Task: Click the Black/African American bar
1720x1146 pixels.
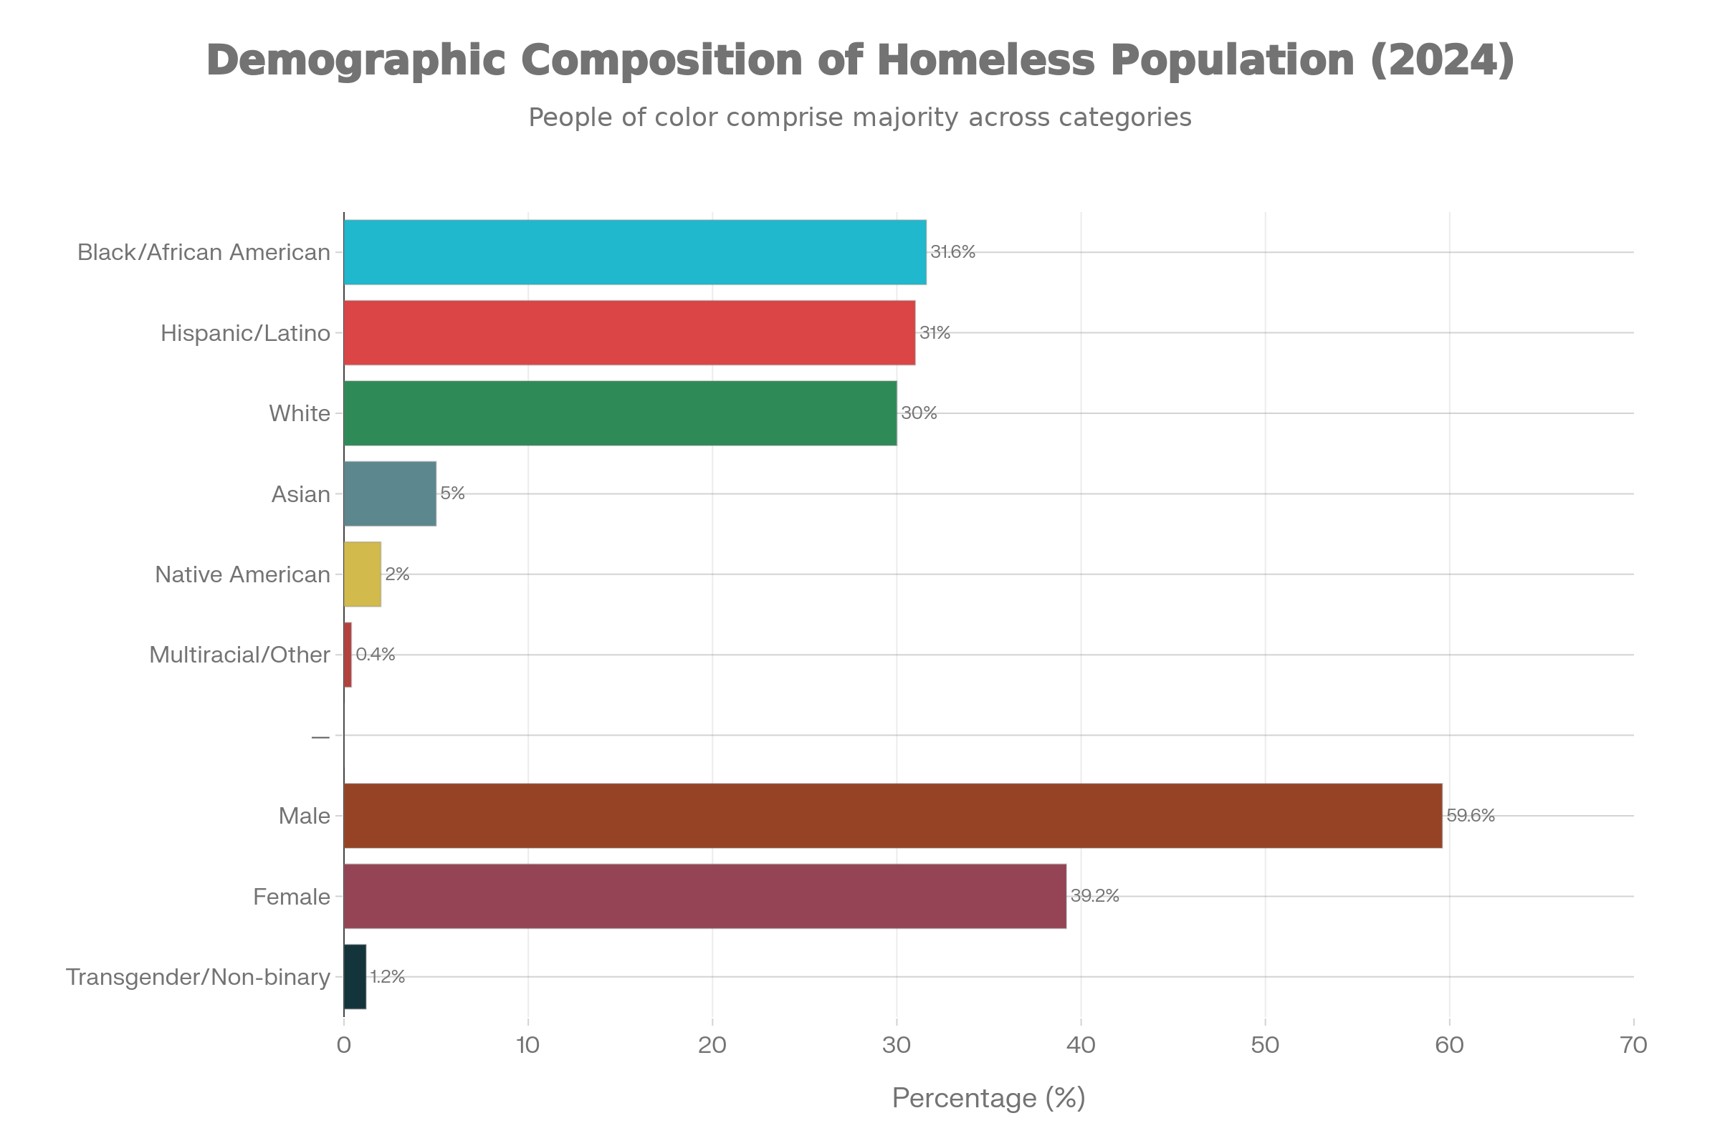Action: (635, 252)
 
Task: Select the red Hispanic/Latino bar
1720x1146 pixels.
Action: (630, 332)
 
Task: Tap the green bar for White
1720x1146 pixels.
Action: (620, 413)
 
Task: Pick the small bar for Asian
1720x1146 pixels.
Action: (390, 493)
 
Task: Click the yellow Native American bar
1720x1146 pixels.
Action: (363, 574)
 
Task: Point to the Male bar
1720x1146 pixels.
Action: (893, 816)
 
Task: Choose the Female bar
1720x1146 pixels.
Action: (705, 896)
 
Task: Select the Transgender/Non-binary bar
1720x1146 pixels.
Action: (355, 976)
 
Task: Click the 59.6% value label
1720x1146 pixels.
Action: (1471, 816)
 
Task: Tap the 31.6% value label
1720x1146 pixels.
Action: (953, 252)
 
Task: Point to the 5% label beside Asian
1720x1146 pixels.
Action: (453, 493)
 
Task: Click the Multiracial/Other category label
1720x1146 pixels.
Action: (240, 654)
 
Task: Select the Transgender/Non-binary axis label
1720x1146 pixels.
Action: (199, 977)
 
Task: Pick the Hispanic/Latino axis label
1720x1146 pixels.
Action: (246, 333)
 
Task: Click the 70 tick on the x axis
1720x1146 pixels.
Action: (1634, 1046)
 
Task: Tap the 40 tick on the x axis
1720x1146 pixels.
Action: (1081, 1046)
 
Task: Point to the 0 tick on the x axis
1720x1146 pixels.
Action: (344, 1046)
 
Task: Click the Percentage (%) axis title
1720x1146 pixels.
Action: (988, 1098)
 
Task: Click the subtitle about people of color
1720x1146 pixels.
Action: (860, 117)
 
